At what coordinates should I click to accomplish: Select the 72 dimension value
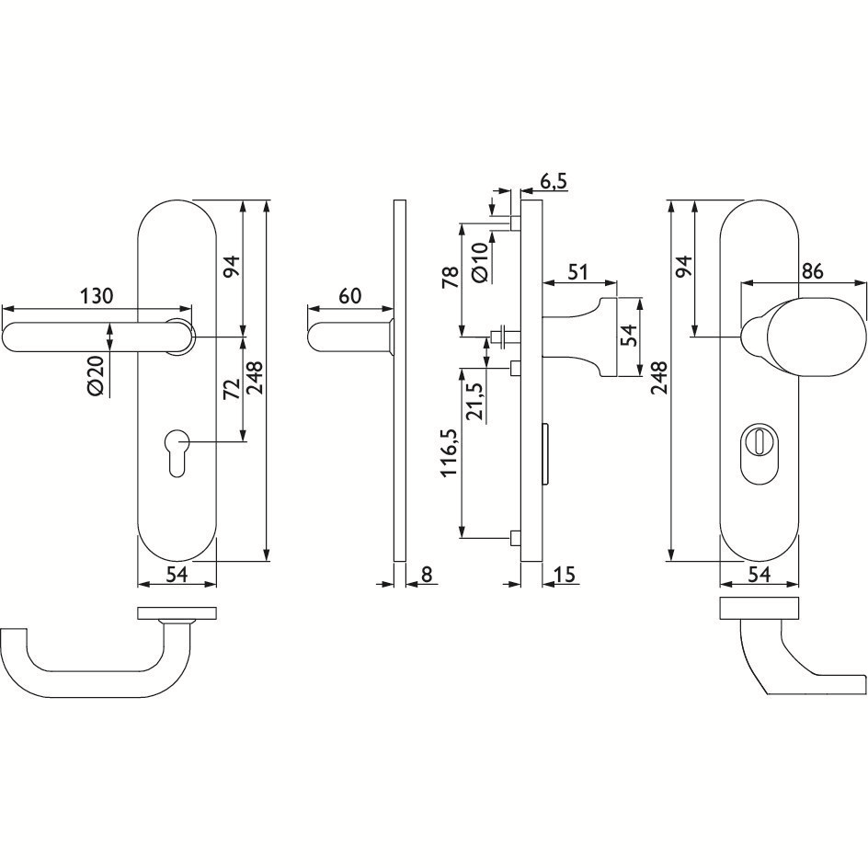pyautogui.click(x=232, y=389)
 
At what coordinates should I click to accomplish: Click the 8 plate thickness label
pyautogui.click(x=427, y=574)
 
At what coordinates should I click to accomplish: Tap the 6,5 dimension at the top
pyautogui.click(x=554, y=181)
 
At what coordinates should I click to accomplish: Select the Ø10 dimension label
pyautogui.click(x=481, y=262)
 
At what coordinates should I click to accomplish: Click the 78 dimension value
pyautogui.click(x=451, y=278)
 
